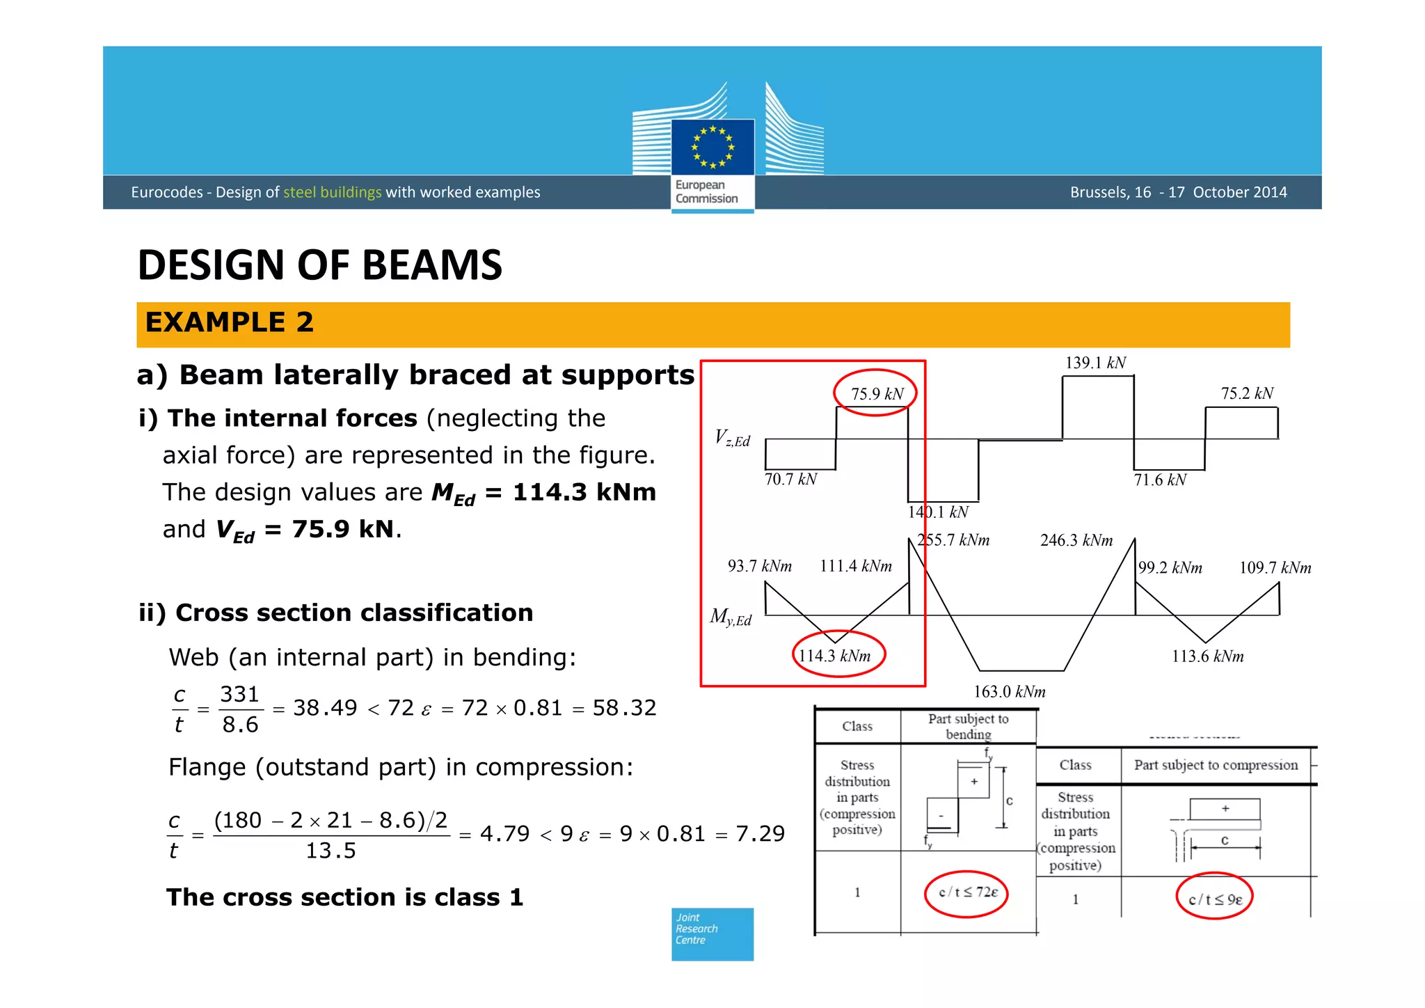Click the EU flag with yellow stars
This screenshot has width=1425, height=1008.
712,147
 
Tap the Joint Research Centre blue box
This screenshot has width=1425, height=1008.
712,934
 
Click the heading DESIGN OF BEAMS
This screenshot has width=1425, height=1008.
320,265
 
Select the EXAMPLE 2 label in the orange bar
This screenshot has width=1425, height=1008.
230,323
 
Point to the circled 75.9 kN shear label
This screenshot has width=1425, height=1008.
876,394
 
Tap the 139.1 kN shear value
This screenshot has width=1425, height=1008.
1095,363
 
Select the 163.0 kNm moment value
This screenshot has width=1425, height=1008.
1009,691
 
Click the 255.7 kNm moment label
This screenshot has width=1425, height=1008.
953,540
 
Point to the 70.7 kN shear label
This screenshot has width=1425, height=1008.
790,480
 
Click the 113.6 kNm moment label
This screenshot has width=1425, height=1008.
1207,656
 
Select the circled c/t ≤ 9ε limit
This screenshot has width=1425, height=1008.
1215,899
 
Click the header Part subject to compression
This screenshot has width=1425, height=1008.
1216,765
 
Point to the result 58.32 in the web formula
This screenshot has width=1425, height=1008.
624,708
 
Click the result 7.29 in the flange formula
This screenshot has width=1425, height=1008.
761,834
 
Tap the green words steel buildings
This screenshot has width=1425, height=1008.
333,192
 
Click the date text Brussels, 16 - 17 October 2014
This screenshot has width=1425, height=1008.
1178,192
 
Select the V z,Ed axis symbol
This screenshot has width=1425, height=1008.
733,439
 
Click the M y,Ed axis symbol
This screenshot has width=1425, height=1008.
731,617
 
